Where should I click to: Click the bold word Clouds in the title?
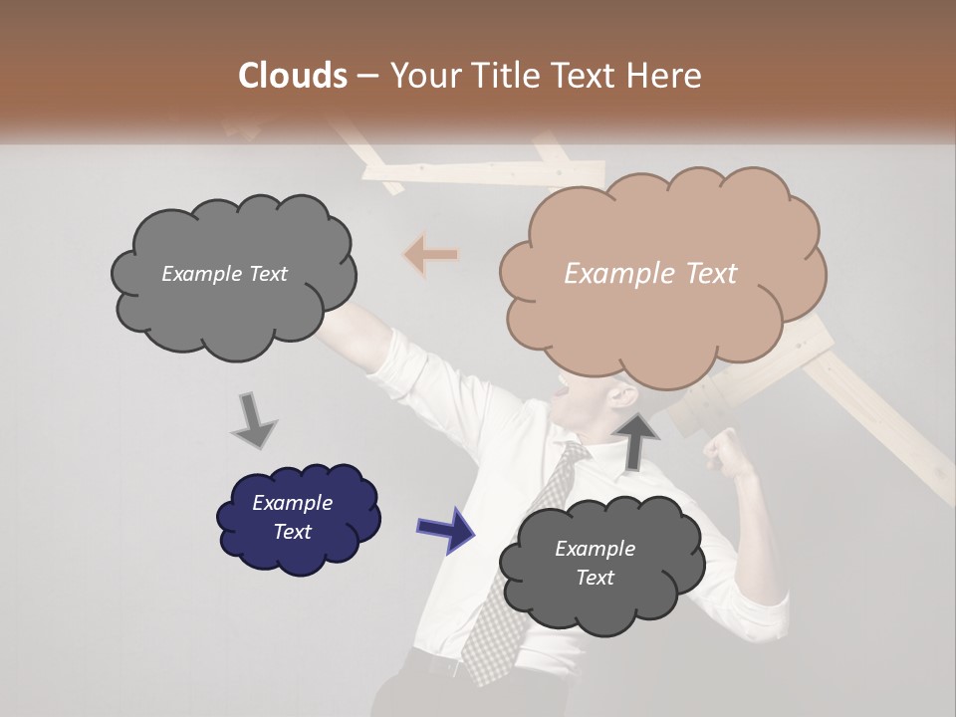(x=292, y=75)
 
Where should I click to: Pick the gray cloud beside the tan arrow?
(x=231, y=275)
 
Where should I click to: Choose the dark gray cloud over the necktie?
(x=597, y=564)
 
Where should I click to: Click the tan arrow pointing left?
(x=430, y=256)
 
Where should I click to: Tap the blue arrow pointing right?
(x=445, y=529)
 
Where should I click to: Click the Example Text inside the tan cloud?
(x=650, y=274)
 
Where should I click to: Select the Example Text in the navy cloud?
(x=292, y=517)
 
